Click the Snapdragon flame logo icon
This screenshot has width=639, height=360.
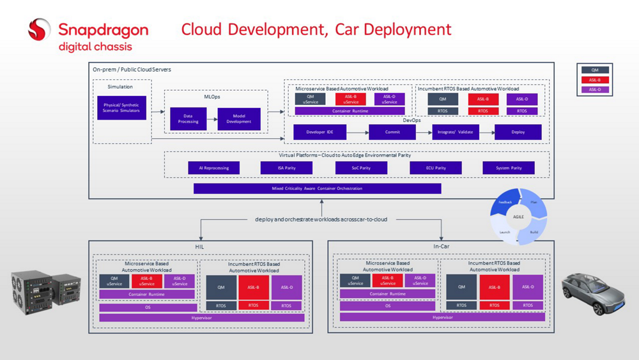click(39, 29)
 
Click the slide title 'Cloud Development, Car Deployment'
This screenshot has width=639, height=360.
click(316, 29)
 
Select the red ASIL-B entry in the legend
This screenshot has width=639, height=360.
click(594, 80)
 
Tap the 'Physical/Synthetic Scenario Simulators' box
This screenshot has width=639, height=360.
click(121, 107)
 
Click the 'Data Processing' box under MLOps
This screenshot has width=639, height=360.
click(188, 119)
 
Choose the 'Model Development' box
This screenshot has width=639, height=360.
click(238, 119)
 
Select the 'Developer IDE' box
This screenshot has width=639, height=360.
click(319, 132)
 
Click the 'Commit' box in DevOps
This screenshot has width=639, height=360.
click(392, 132)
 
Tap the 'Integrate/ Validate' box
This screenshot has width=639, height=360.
click(455, 132)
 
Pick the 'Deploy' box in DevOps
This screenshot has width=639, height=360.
click(518, 132)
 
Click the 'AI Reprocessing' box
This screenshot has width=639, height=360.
click(213, 168)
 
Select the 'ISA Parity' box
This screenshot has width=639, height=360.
click(286, 168)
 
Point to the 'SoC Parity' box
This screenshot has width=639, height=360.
click(361, 168)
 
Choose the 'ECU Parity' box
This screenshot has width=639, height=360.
click(436, 168)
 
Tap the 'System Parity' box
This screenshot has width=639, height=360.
click(509, 168)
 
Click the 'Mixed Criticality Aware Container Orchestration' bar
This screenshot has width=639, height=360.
click(317, 189)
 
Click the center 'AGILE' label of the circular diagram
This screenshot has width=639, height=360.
click(518, 217)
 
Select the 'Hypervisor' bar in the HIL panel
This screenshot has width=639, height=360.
click(201, 318)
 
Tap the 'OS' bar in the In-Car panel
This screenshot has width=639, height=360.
click(387, 306)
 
